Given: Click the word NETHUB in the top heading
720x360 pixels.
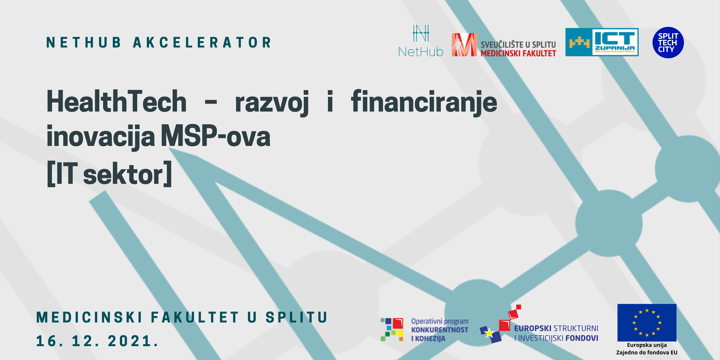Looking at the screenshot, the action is coord(83,42).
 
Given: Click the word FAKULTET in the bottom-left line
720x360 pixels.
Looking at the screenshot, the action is coord(195,317).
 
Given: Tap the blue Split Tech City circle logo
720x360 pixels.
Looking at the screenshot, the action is coord(668,42).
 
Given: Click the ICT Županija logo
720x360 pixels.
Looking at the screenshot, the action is coord(602,42).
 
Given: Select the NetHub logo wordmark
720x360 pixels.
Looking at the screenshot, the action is coord(421,52).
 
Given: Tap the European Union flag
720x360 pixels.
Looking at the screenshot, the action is coord(647,322).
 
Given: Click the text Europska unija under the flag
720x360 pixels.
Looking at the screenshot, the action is coord(647,345).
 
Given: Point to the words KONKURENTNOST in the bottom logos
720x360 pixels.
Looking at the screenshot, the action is coord(440,330).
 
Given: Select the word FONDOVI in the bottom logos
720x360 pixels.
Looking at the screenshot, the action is coord(582,338).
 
